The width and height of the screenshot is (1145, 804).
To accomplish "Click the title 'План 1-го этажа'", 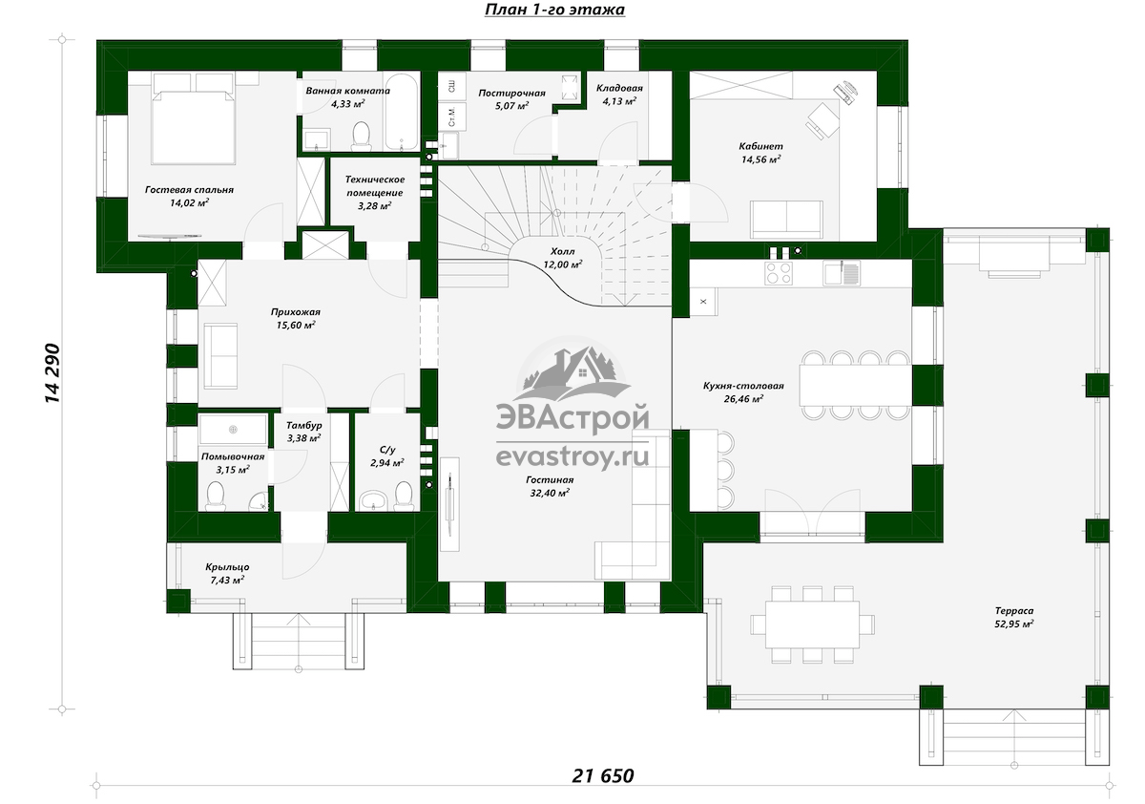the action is pyautogui.click(x=554, y=10).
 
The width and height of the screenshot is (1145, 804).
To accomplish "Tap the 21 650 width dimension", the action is pyautogui.click(x=603, y=776).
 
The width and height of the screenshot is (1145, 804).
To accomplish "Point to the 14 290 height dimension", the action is pyautogui.click(x=52, y=373).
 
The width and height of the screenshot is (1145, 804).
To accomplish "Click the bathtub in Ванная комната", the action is pyautogui.click(x=402, y=113).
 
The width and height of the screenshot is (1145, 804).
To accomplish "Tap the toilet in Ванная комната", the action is pyautogui.click(x=362, y=137).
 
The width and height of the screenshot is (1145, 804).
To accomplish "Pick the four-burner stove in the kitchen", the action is pyautogui.click(x=779, y=272).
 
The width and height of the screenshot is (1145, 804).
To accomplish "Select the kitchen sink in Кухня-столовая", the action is pyautogui.click(x=842, y=272).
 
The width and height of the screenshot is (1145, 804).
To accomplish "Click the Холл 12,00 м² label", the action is pyautogui.click(x=562, y=258).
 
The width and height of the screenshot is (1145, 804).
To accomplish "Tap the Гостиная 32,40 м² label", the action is pyautogui.click(x=550, y=486).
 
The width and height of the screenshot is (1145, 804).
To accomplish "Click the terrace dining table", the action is pyautogui.click(x=812, y=624).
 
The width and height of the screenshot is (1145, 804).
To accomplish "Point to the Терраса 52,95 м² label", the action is pyautogui.click(x=1014, y=617).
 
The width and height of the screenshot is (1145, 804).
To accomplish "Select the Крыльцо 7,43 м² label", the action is pyautogui.click(x=227, y=573).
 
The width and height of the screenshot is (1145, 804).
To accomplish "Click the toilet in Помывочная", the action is pyautogui.click(x=216, y=497).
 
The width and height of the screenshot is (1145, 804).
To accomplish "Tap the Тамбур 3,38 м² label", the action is pyautogui.click(x=304, y=432).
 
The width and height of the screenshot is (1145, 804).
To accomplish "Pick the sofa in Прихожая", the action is pyautogui.click(x=220, y=355).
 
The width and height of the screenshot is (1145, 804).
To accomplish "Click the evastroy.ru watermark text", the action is pyautogui.click(x=572, y=455).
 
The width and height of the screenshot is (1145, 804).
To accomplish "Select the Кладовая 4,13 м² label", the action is pyautogui.click(x=619, y=95).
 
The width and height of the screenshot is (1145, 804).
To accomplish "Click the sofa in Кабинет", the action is pyautogui.click(x=786, y=220).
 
